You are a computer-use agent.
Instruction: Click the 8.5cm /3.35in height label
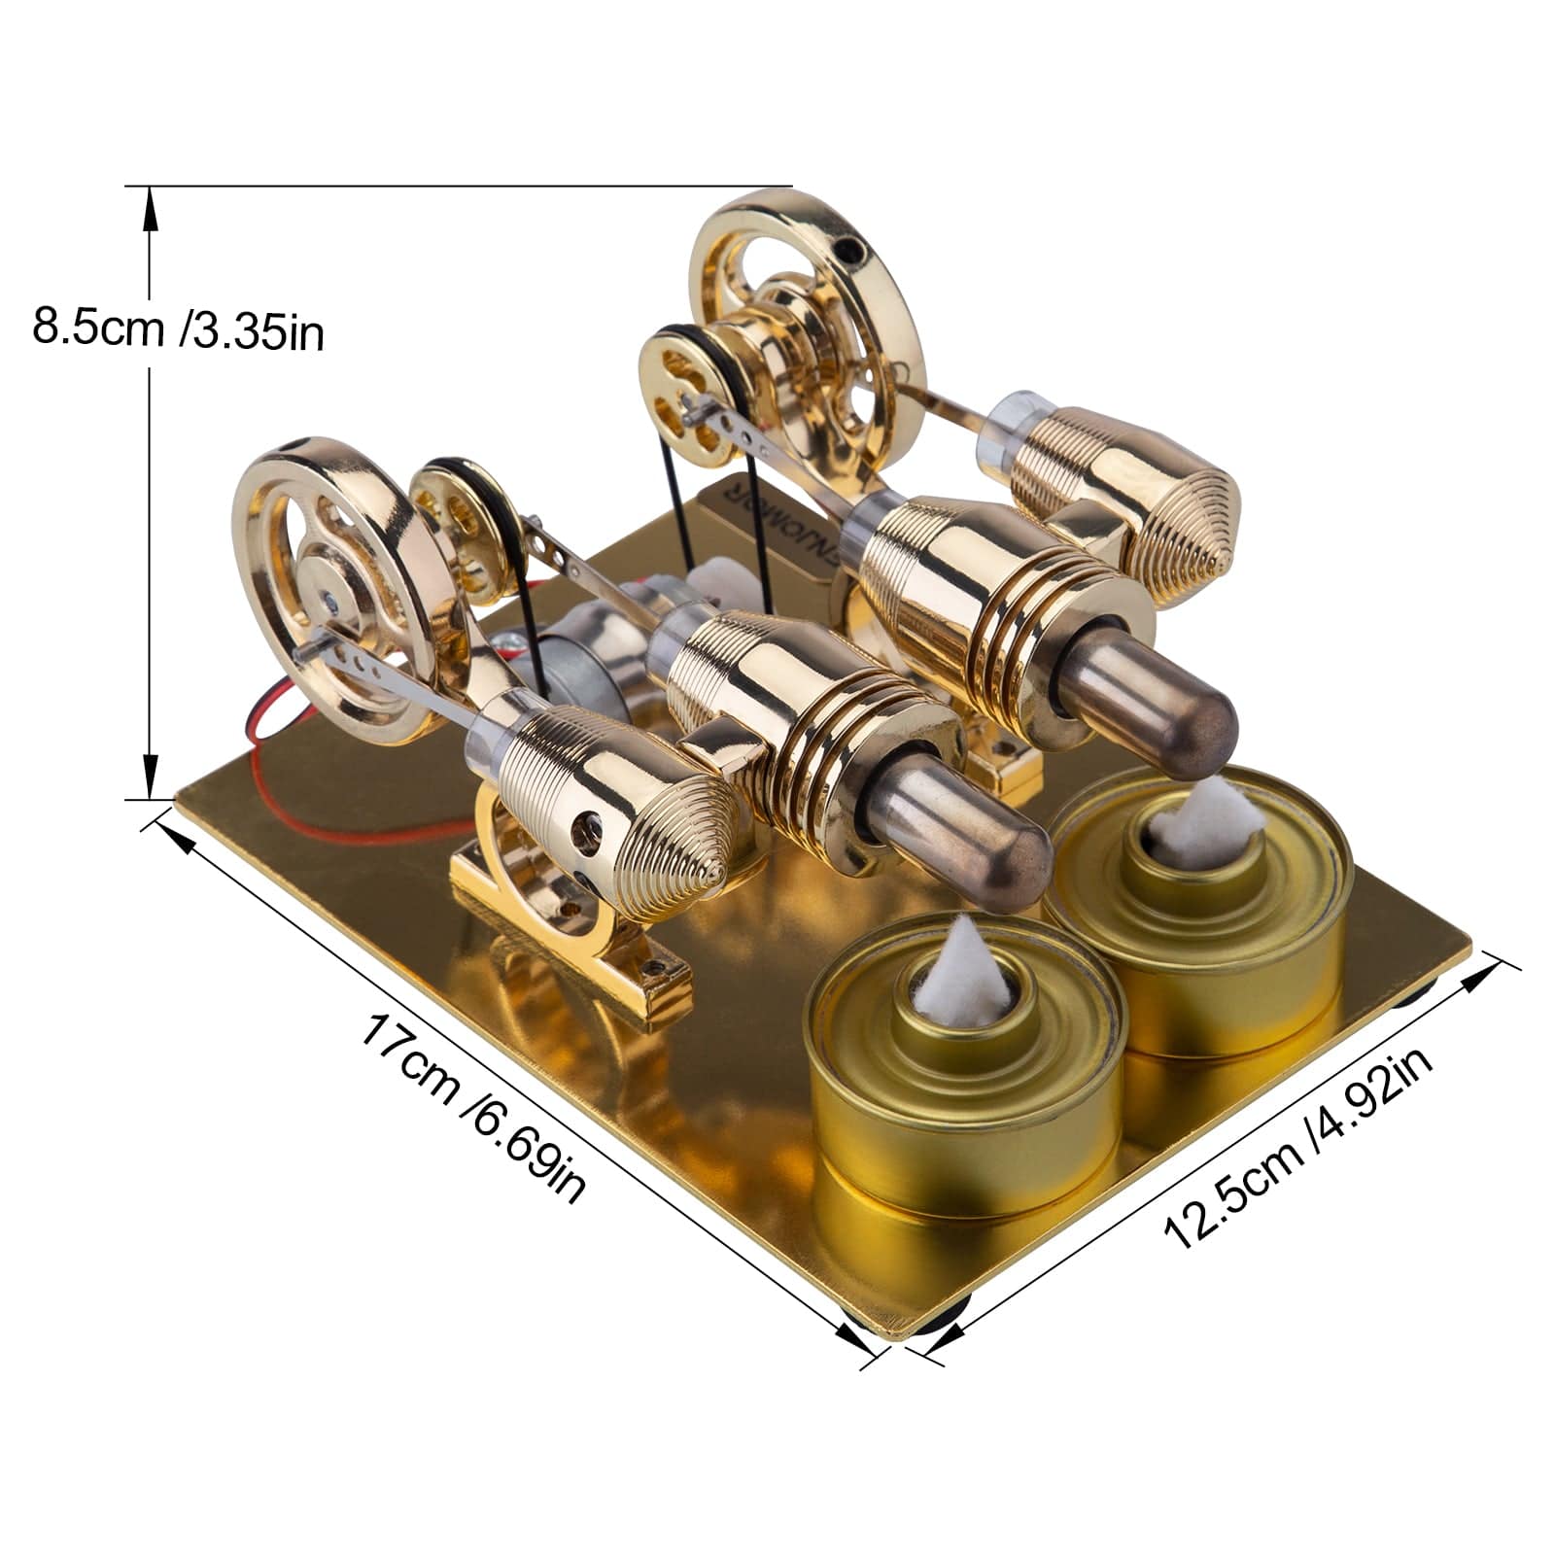pyautogui.click(x=178, y=328)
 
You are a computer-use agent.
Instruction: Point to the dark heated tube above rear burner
pyautogui.click(x=1195, y=724)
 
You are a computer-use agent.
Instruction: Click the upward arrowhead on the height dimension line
pyautogui.click(x=150, y=207)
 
